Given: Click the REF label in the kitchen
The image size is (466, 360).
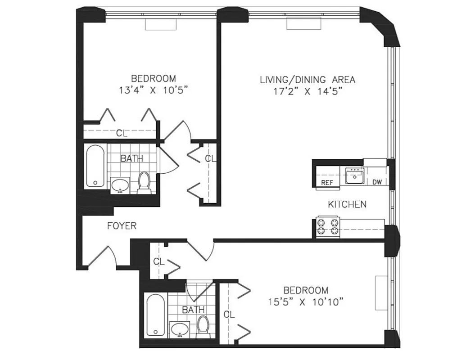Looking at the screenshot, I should click(327, 182).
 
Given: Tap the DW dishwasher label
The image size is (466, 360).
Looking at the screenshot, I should click(377, 182).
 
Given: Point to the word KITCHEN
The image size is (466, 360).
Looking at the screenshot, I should click(347, 204).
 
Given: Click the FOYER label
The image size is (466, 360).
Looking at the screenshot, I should click(122, 226).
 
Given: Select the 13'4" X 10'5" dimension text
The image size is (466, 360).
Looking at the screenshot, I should click(153, 90).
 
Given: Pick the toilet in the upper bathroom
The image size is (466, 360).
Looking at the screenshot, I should click(144, 182).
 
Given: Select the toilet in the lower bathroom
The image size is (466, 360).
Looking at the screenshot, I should click(204, 326).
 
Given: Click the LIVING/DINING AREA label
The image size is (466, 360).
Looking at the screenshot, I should click(308, 80).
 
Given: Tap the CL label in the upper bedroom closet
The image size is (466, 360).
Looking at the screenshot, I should click(122, 133).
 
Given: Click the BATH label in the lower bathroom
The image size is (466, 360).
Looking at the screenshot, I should click(193, 310).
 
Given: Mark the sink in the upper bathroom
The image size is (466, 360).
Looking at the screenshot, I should click(120, 185).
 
